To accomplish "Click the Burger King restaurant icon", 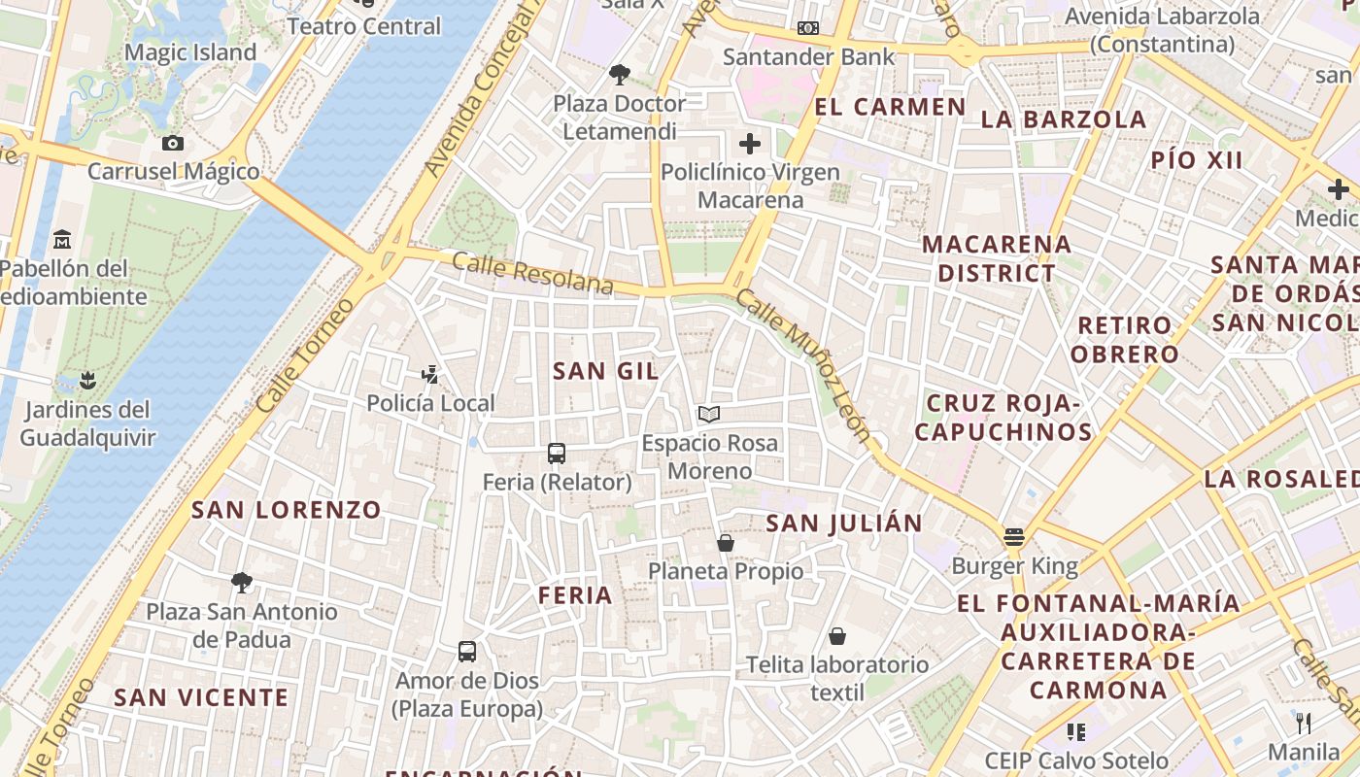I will [x=1014, y=536].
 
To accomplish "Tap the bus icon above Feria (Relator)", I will [x=557, y=453].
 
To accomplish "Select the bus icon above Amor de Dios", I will [x=467, y=651].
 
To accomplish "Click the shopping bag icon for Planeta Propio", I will [x=725, y=542].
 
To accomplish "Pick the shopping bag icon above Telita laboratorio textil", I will [x=837, y=636].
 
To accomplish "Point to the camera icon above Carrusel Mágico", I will [x=173, y=143].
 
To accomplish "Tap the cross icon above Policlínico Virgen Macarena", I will [x=750, y=144].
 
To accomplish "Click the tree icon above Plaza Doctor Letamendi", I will [x=619, y=74].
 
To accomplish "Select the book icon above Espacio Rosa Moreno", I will [x=709, y=415].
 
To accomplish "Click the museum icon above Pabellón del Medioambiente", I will [x=62, y=238].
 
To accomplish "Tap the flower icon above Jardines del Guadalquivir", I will [x=87, y=380].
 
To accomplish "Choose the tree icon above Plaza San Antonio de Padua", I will [x=241, y=583].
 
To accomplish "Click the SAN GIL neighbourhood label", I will [x=605, y=370].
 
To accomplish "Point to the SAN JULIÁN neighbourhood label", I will [x=844, y=524].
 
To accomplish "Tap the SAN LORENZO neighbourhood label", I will [x=287, y=509].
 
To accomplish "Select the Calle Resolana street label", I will [x=532, y=273].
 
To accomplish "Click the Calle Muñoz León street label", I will [x=802, y=366].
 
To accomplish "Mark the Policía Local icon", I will [x=429, y=374].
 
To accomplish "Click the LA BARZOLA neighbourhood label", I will [x=1064, y=119].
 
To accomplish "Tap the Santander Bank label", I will [x=808, y=57].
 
